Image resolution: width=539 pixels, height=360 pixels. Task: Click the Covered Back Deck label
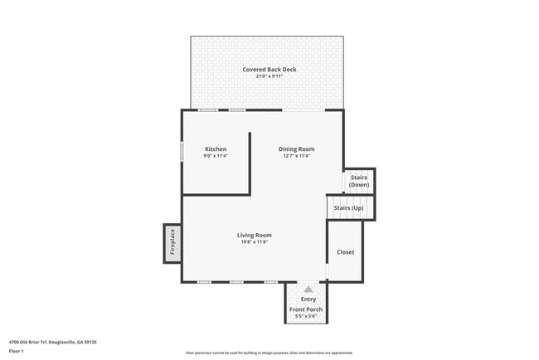269,69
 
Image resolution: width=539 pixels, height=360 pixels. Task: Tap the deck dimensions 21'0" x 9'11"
269,76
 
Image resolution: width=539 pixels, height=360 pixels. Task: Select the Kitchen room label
216,149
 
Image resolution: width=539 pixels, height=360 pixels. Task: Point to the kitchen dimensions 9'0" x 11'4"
216,156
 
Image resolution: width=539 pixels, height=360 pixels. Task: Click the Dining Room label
296,149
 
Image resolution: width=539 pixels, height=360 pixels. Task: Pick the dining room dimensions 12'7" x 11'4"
296,156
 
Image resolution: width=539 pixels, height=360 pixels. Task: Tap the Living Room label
254,236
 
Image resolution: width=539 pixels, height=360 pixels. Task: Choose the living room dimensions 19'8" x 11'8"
254,242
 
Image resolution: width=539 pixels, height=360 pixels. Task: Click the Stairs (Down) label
359,181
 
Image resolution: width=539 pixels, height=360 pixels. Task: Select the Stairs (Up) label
348,207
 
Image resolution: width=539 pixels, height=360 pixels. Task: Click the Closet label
346,252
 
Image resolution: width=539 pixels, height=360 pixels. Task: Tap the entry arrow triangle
308,289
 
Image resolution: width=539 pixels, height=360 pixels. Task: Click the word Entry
308,299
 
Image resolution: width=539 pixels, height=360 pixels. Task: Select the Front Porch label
306,309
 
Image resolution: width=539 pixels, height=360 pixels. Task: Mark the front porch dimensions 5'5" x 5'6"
306,317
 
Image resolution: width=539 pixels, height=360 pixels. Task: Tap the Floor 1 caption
17,351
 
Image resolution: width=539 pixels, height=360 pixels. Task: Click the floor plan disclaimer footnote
269,352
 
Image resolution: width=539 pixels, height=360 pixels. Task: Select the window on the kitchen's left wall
182,153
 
